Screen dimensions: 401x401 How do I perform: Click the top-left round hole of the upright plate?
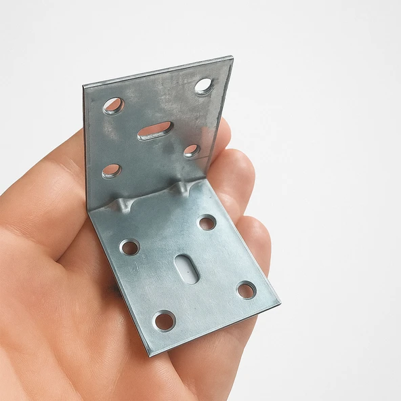pos(113,106)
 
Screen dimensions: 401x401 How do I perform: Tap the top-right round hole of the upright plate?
pos(203,86)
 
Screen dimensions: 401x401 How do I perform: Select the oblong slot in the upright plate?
pos(155,131)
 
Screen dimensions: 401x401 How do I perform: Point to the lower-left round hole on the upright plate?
pos(111,171)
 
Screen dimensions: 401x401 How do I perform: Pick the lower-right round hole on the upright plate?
pos(192,150)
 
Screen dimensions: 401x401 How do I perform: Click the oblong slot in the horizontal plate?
pos(186,269)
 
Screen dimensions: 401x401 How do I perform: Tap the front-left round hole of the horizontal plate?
pos(164,320)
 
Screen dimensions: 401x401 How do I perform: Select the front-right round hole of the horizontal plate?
pos(246,290)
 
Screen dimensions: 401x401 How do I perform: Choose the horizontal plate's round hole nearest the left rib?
pos(129,247)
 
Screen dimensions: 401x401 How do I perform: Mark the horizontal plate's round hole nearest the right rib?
pos(207,222)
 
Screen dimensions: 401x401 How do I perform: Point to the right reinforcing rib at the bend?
pos(181,187)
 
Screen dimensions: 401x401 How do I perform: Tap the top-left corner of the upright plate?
pos(85,87)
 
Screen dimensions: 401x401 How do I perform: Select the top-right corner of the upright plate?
pos(231,58)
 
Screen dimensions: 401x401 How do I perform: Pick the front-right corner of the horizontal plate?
pos(278,302)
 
